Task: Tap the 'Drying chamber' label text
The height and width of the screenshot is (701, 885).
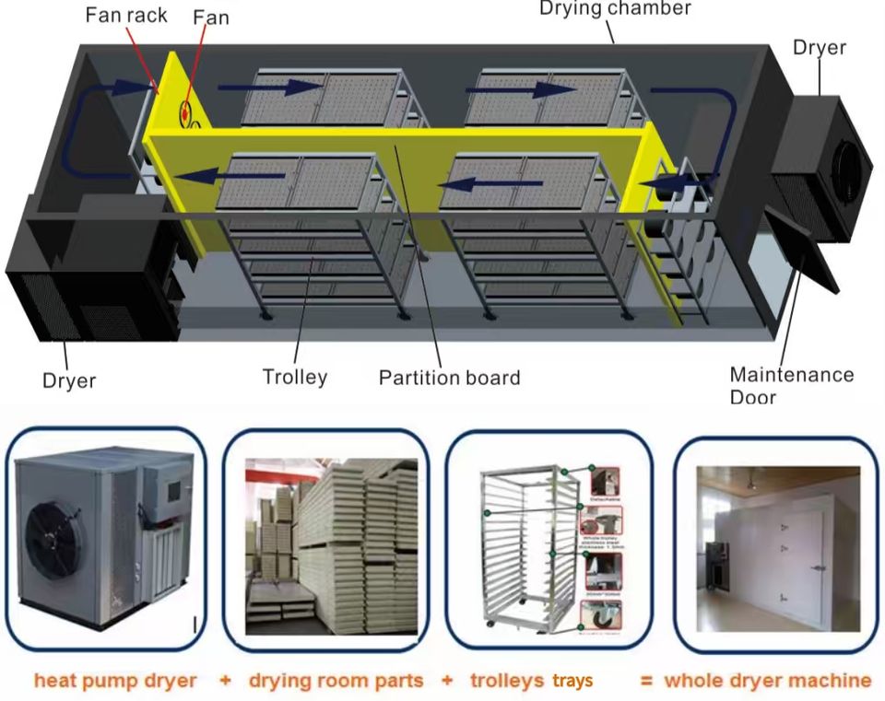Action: click(x=615, y=8)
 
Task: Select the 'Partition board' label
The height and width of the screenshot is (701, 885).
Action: click(x=450, y=378)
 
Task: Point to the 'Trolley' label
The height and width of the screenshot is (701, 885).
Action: click(x=294, y=377)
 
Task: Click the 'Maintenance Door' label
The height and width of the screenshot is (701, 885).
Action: click(x=791, y=386)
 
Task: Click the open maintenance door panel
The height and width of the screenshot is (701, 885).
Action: click(x=800, y=244)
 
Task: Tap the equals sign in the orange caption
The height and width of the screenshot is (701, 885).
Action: click(x=646, y=681)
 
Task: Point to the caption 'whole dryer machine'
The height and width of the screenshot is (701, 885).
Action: click(x=767, y=681)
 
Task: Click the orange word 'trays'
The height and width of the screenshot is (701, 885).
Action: click(x=572, y=681)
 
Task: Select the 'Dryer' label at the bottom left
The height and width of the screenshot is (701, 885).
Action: click(x=68, y=380)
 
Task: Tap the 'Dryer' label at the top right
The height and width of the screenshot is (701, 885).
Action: click(x=819, y=48)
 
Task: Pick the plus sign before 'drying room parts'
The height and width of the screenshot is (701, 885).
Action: click(x=225, y=681)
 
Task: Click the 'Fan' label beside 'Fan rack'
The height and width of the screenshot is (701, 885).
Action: click(x=211, y=18)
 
